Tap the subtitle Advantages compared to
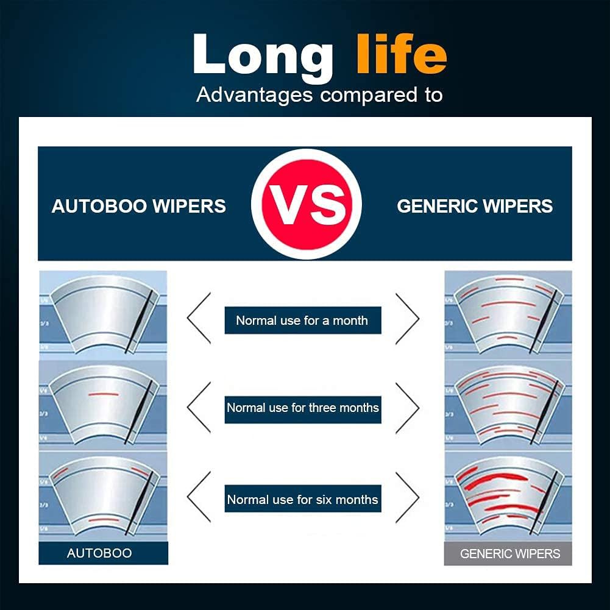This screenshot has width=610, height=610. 319,95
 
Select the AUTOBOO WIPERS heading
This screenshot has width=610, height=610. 139,206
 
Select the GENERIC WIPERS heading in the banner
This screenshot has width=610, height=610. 475,206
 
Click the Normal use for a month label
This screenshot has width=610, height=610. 302,321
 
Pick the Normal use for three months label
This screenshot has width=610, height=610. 303,408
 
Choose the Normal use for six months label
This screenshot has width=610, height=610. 303,500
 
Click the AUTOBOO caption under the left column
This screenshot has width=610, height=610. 99,553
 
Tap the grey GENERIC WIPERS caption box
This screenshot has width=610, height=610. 509,554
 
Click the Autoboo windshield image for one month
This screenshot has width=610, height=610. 103,314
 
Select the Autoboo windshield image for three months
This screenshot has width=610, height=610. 103,405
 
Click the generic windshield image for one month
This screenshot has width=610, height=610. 508,314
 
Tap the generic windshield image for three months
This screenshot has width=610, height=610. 508,405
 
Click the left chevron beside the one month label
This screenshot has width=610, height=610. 199,317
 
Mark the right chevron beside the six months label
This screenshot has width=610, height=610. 407,497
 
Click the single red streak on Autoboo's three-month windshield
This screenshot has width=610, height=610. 103,394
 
